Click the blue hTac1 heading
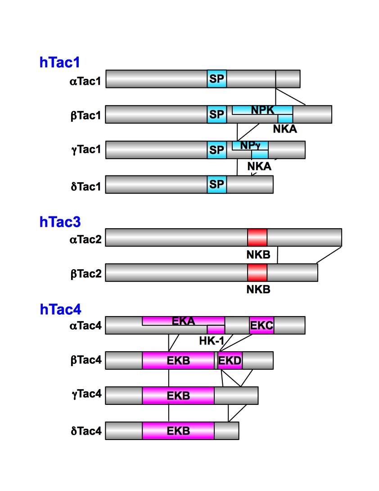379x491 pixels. [59, 63]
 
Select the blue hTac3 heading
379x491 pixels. [59, 222]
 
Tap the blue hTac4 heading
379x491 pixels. [60, 309]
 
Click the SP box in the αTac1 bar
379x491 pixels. [217, 79]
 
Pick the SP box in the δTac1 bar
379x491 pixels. [217, 184]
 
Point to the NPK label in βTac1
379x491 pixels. [262, 110]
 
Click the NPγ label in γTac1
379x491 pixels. [250, 145]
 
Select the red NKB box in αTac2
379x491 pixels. [257, 237]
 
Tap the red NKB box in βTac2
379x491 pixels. [257, 272]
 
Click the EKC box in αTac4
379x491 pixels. [262, 326]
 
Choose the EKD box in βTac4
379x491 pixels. [230, 361]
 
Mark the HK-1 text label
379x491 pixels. [211, 340]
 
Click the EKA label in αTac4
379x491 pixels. [183, 321]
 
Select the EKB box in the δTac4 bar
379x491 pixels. [178, 431]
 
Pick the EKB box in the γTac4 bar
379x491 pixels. [178, 395]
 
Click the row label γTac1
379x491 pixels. [86, 149]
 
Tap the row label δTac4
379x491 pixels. [86, 431]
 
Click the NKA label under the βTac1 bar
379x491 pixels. [284, 129]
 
